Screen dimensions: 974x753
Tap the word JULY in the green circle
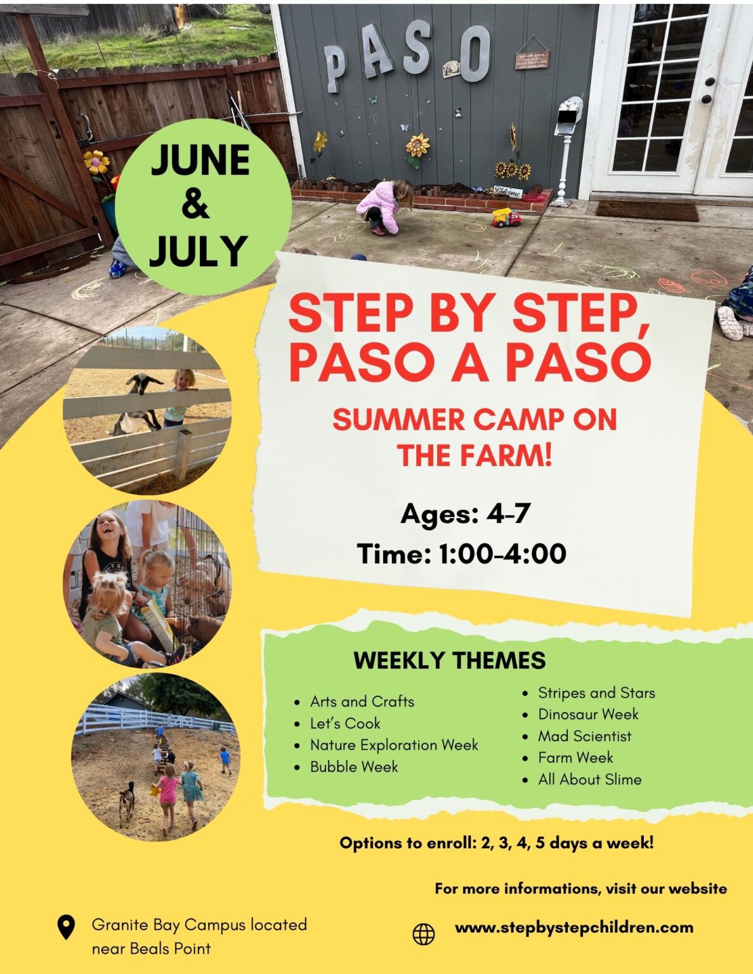(x=198, y=251)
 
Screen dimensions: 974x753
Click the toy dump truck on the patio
(x=506, y=218)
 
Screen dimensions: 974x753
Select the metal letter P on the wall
(x=336, y=68)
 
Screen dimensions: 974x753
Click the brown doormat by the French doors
(x=646, y=210)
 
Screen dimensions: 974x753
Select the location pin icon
(x=66, y=927)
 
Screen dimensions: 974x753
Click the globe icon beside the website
(x=424, y=933)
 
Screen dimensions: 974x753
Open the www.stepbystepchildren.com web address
(x=574, y=928)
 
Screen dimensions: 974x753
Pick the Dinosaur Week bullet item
(x=588, y=714)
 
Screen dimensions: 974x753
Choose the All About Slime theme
(x=589, y=779)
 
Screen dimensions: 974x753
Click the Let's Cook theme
(x=345, y=724)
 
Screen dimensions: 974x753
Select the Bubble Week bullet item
(x=354, y=767)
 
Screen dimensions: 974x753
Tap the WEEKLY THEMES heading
(x=449, y=661)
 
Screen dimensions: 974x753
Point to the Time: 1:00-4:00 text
(x=461, y=554)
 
